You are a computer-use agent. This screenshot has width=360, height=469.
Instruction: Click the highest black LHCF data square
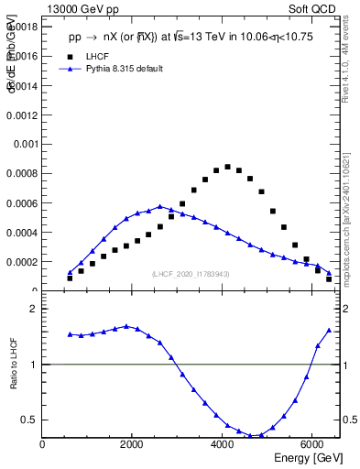(x=227, y=167)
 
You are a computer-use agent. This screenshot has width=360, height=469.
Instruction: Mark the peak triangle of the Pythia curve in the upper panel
(x=159, y=206)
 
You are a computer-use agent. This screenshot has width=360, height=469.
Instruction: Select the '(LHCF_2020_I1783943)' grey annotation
(x=191, y=274)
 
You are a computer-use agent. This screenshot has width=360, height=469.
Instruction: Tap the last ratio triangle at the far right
(x=329, y=330)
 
